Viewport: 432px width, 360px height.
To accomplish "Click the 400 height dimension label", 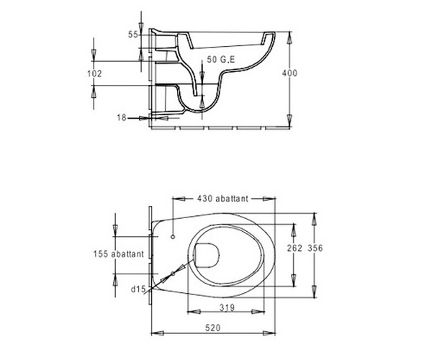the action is pyautogui.click(x=289, y=73).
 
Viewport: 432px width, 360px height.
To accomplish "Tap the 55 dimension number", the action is pyautogui.click(x=132, y=35).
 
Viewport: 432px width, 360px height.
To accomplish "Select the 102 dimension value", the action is pyautogui.click(x=94, y=73).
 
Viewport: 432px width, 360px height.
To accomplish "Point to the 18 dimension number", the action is pyautogui.click(x=122, y=117).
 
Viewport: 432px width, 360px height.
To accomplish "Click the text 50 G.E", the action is pyautogui.click(x=221, y=59).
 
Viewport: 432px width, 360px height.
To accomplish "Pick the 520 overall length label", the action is pyautogui.click(x=213, y=328).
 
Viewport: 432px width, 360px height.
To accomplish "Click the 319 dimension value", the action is pyautogui.click(x=227, y=307).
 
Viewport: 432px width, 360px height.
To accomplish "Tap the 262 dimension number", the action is pyautogui.click(x=294, y=248).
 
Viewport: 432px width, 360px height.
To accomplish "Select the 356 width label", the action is pyautogui.click(x=315, y=248).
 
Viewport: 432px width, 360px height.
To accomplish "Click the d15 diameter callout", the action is pyautogui.click(x=138, y=289).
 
